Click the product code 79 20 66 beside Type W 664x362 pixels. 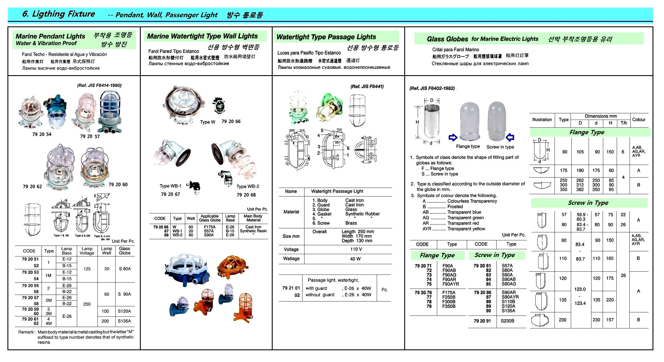(231, 122)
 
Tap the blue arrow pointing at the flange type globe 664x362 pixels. (453, 138)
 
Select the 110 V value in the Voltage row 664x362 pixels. (356, 249)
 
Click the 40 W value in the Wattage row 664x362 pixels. (355, 259)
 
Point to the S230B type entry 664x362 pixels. (507, 321)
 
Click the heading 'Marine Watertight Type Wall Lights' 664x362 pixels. (202, 36)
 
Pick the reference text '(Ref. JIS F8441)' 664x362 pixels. (367, 86)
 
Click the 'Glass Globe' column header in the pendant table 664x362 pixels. (125, 251)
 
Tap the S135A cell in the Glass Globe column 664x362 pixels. (124, 321)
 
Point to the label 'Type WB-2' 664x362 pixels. (248, 186)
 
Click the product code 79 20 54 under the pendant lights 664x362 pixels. (42, 134)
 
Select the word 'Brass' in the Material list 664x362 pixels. (351, 223)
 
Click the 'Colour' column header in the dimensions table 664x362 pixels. (638, 120)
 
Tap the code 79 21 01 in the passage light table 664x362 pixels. (291, 288)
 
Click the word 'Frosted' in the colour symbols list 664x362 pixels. (455, 207)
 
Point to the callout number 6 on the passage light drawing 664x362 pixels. (348, 148)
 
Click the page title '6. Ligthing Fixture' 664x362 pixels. (58, 14)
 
